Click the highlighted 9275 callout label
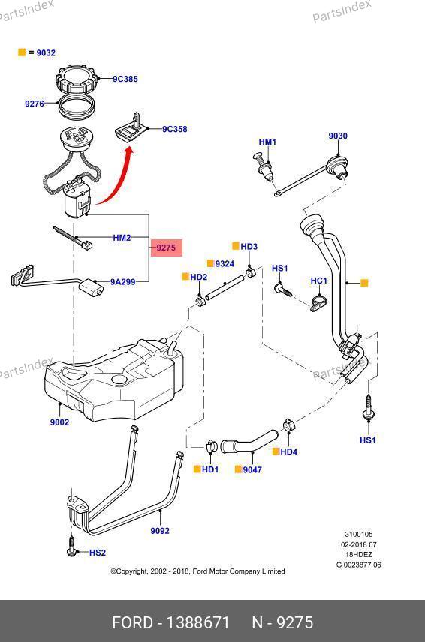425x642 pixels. tap(166, 247)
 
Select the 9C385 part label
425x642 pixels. tap(125, 79)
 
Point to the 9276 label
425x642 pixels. tap(35, 103)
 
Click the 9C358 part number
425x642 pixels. tap(175, 130)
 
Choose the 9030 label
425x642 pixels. tap(338, 136)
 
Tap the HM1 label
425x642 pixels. tap(267, 142)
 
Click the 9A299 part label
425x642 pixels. tap(123, 282)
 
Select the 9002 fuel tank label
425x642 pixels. tap(59, 422)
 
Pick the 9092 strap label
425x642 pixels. tap(160, 531)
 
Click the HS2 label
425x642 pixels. tap(98, 553)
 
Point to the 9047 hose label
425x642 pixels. tap(252, 470)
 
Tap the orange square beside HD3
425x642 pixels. tap(236, 246)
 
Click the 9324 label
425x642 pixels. tap(225, 264)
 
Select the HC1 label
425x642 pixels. tap(319, 280)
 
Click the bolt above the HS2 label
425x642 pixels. tap(72, 546)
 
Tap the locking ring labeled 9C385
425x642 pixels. tap(77, 80)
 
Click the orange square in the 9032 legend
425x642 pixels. tap(22, 52)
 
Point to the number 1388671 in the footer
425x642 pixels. tap(198, 622)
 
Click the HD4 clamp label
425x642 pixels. tap(289, 452)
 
